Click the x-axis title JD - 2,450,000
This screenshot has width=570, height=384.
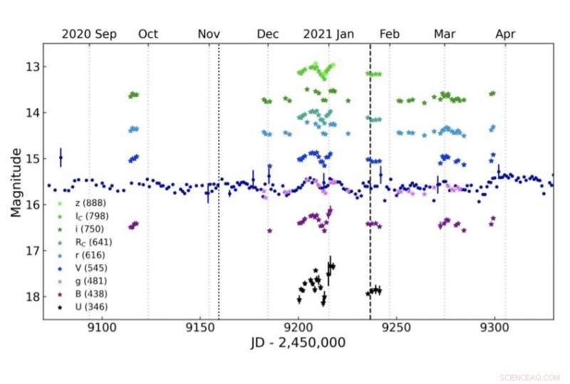tap(298, 342)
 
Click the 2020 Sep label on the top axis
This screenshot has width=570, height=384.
tap(89, 33)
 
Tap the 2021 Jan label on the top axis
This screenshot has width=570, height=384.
tap(328, 33)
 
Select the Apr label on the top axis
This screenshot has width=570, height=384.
tap(505, 33)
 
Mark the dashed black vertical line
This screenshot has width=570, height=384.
tap(370, 214)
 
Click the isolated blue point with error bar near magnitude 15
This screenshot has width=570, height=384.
tap(61, 157)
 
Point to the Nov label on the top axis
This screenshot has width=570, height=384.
tap(209, 33)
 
